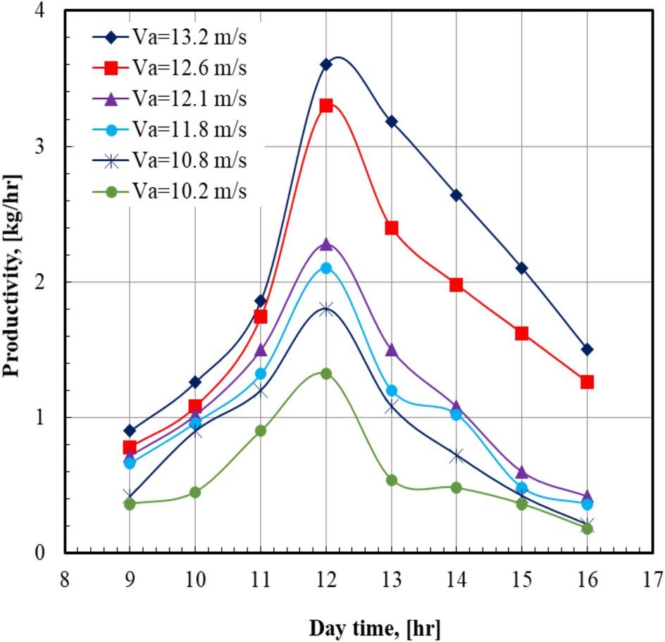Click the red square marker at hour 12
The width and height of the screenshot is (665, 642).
click(x=325, y=106)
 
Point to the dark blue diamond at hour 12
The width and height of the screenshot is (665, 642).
click(x=325, y=65)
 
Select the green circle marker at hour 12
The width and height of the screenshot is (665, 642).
click(x=325, y=374)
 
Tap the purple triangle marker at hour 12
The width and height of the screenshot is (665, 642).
click(x=325, y=244)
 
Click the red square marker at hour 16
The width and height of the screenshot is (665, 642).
click(x=587, y=382)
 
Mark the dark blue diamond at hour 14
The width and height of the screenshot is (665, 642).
click(x=456, y=195)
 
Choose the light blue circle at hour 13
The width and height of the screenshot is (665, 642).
click(x=391, y=391)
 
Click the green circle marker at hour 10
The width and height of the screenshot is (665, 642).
click(x=195, y=492)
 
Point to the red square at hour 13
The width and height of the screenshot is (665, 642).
click(x=391, y=228)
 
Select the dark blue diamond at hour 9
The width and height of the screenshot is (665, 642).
click(x=130, y=431)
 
